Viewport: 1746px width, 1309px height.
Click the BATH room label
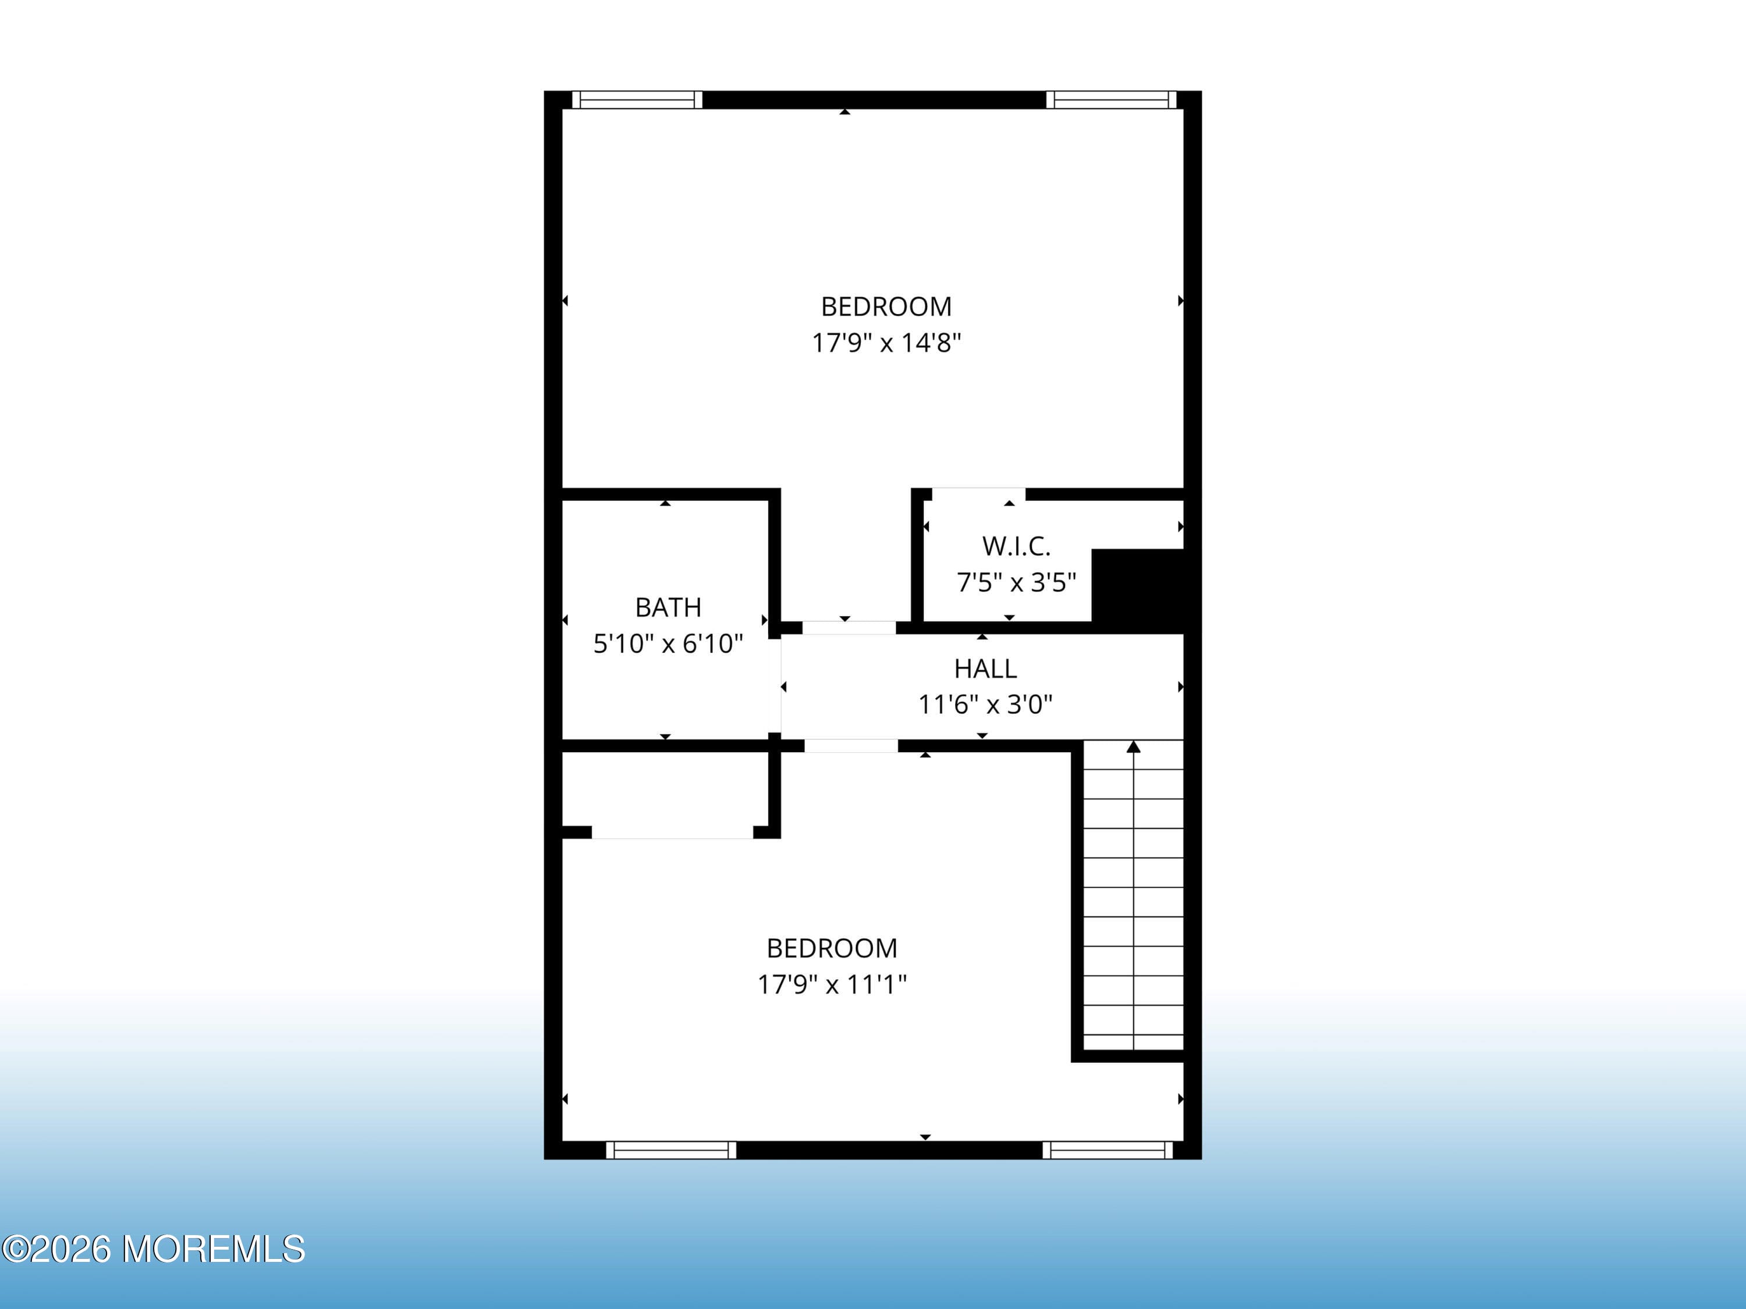click(668, 607)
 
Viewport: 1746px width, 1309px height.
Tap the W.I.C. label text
click(1016, 546)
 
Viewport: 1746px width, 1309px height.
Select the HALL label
click(985, 669)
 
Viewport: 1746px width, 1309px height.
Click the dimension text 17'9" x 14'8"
click(886, 343)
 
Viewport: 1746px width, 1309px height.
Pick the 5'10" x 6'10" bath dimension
click(668, 644)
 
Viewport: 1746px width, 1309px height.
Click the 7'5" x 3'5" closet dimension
click(1016, 583)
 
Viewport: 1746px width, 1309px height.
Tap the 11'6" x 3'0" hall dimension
click(985, 704)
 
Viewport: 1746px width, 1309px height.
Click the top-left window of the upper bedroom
click(637, 100)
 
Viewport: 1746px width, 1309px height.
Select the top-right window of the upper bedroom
click(1112, 100)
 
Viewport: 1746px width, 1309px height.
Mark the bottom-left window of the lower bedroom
click(671, 1150)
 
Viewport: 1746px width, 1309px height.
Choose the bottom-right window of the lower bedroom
click(1108, 1150)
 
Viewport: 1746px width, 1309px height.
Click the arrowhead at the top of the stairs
click(1134, 746)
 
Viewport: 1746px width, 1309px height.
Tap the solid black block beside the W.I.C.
click(1137, 588)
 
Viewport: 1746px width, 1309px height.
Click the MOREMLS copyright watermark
click(154, 1249)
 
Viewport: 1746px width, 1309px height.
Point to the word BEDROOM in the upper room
click(886, 306)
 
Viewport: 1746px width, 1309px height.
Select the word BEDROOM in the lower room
click(832, 948)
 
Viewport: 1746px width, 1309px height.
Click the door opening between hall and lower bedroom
click(851, 746)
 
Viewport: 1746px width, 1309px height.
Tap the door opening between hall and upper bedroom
click(849, 628)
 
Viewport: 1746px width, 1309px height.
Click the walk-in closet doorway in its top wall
click(979, 495)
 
